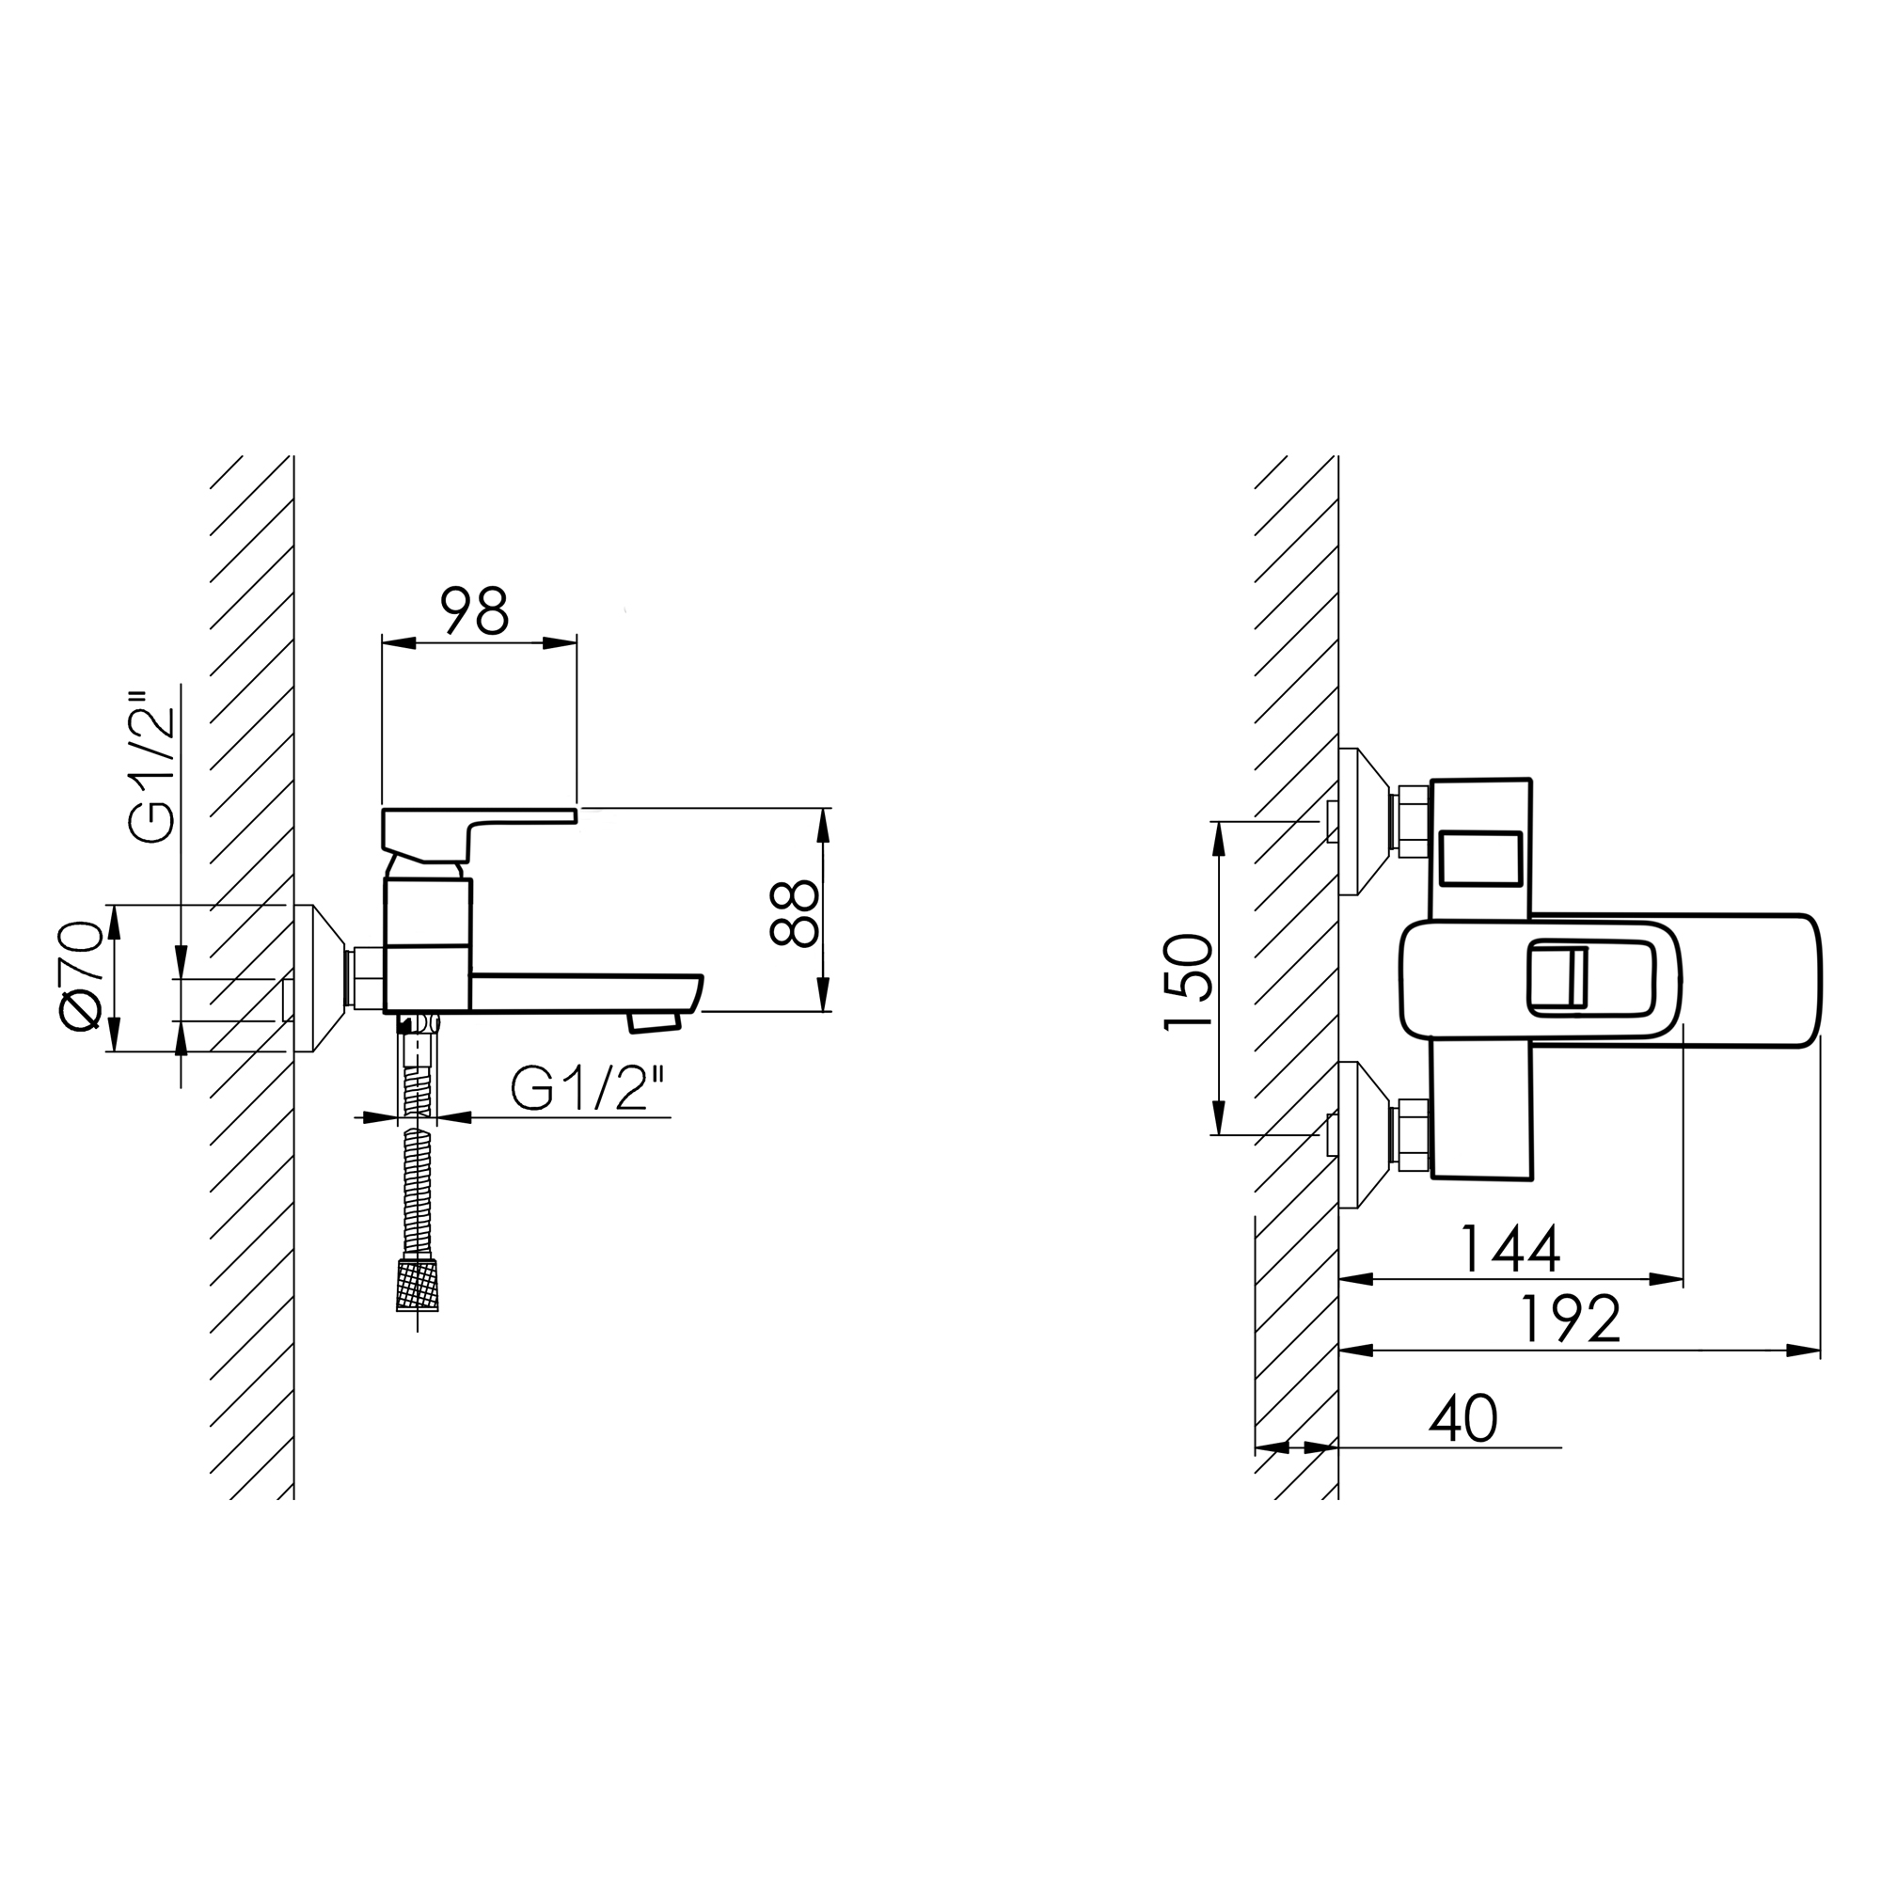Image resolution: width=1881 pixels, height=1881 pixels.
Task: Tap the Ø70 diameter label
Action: [81, 974]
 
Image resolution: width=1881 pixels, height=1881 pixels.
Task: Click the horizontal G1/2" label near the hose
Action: [588, 1087]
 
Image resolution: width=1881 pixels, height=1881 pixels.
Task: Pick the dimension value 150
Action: [1189, 981]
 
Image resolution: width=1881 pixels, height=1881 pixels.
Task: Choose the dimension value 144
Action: [1510, 1249]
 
